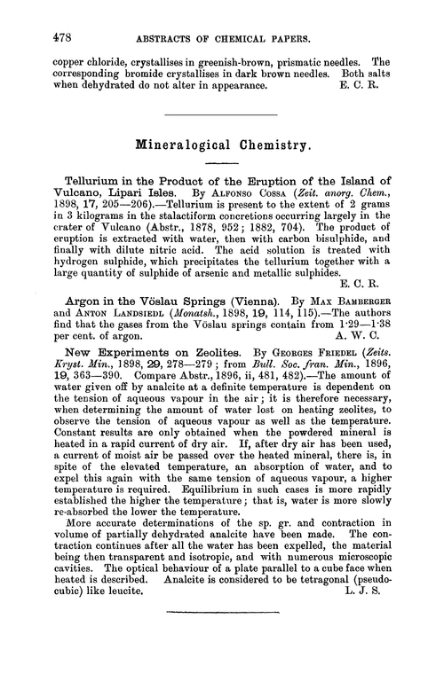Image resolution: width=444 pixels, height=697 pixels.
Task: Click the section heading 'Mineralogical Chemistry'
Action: click(222, 142)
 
